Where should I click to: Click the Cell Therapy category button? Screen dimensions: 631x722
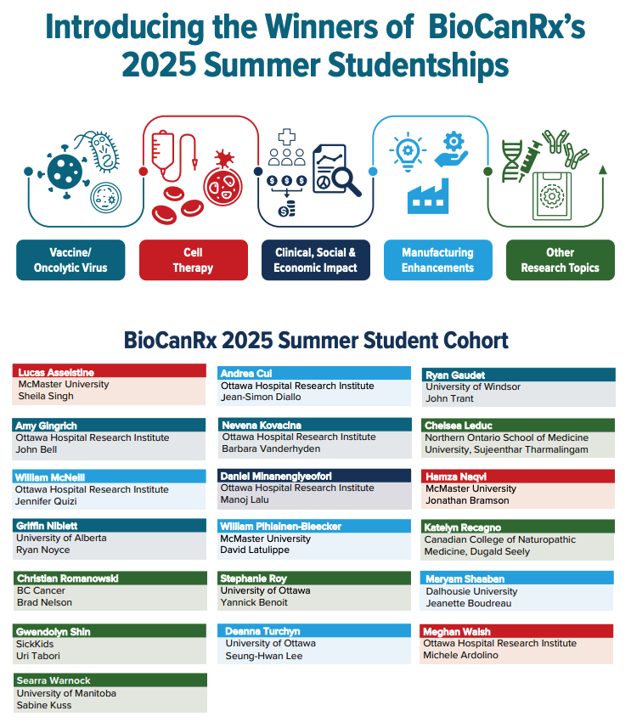(194, 260)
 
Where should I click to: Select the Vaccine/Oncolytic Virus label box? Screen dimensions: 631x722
(70, 260)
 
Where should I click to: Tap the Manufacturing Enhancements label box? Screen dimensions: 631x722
(437, 260)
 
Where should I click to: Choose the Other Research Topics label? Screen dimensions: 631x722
(561, 260)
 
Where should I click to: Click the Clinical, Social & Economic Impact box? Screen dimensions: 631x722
(316, 260)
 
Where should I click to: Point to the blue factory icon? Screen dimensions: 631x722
(428, 196)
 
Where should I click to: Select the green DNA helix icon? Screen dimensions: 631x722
(512, 161)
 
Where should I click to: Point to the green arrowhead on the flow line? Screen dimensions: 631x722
(602, 170)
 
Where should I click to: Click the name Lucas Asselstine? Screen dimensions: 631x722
(56, 372)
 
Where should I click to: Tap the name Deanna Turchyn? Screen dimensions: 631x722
(262, 631)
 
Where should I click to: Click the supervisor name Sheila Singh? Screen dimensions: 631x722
(46, 396)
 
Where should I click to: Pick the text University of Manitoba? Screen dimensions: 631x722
(66, 693)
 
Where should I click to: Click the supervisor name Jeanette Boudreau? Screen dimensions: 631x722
(469, 603)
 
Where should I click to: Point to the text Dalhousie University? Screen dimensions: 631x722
(471, 591)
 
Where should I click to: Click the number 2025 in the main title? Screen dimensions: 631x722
(160, 65)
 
